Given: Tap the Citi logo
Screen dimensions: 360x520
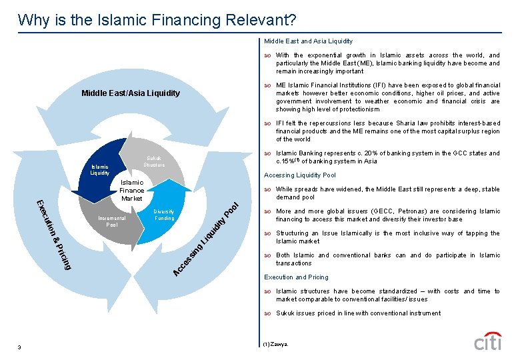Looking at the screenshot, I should pos(487,341).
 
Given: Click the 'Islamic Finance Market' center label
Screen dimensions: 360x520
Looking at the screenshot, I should pos(132,190).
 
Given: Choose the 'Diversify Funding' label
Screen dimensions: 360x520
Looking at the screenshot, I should pos(165,214).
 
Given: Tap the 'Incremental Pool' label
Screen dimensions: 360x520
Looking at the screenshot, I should pos(111,221).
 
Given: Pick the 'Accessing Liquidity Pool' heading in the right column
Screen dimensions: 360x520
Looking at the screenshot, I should pos(300,175).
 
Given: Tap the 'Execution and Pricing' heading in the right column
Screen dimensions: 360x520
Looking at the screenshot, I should pos(296,277).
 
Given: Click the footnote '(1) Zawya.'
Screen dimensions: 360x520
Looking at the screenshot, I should pos(275,345).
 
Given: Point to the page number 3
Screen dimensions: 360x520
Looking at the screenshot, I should pos(20,347).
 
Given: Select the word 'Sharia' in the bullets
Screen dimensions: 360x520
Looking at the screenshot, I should pos(398,123).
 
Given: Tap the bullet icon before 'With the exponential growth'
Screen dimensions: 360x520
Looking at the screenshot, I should pos(268,55).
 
